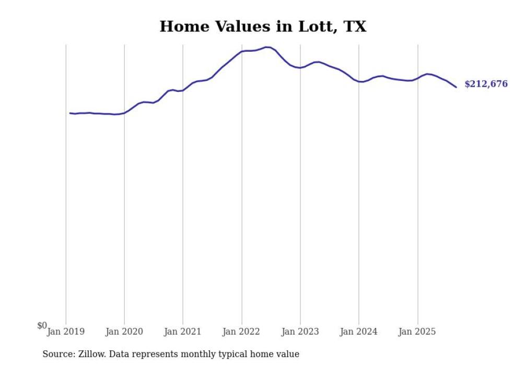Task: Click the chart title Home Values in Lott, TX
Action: click(x=263, y=27)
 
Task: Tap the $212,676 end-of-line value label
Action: click(x=485, y=84)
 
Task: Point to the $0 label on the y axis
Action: click(x=42, y=325)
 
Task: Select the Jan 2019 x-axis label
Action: click(x=66, y=332)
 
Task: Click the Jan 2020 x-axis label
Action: click(x=124, y=332)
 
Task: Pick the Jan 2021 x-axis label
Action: click(x=183, y=332)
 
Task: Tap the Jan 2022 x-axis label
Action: click(x=241, y=332)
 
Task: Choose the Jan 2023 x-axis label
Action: click(x=300, y=332)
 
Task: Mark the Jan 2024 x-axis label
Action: click(x=358, y=332)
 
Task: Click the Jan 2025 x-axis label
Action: click(x=417, y=332)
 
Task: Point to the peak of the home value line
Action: click(x=267, y=47)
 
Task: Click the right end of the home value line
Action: click(x=456, y=87)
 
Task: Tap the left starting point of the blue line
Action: click(x=70, y=113)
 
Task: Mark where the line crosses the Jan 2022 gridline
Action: click(x=241, y=51)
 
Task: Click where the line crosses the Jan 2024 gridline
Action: click(x=359, y=81)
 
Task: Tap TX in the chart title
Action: click(x=355, y=27)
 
